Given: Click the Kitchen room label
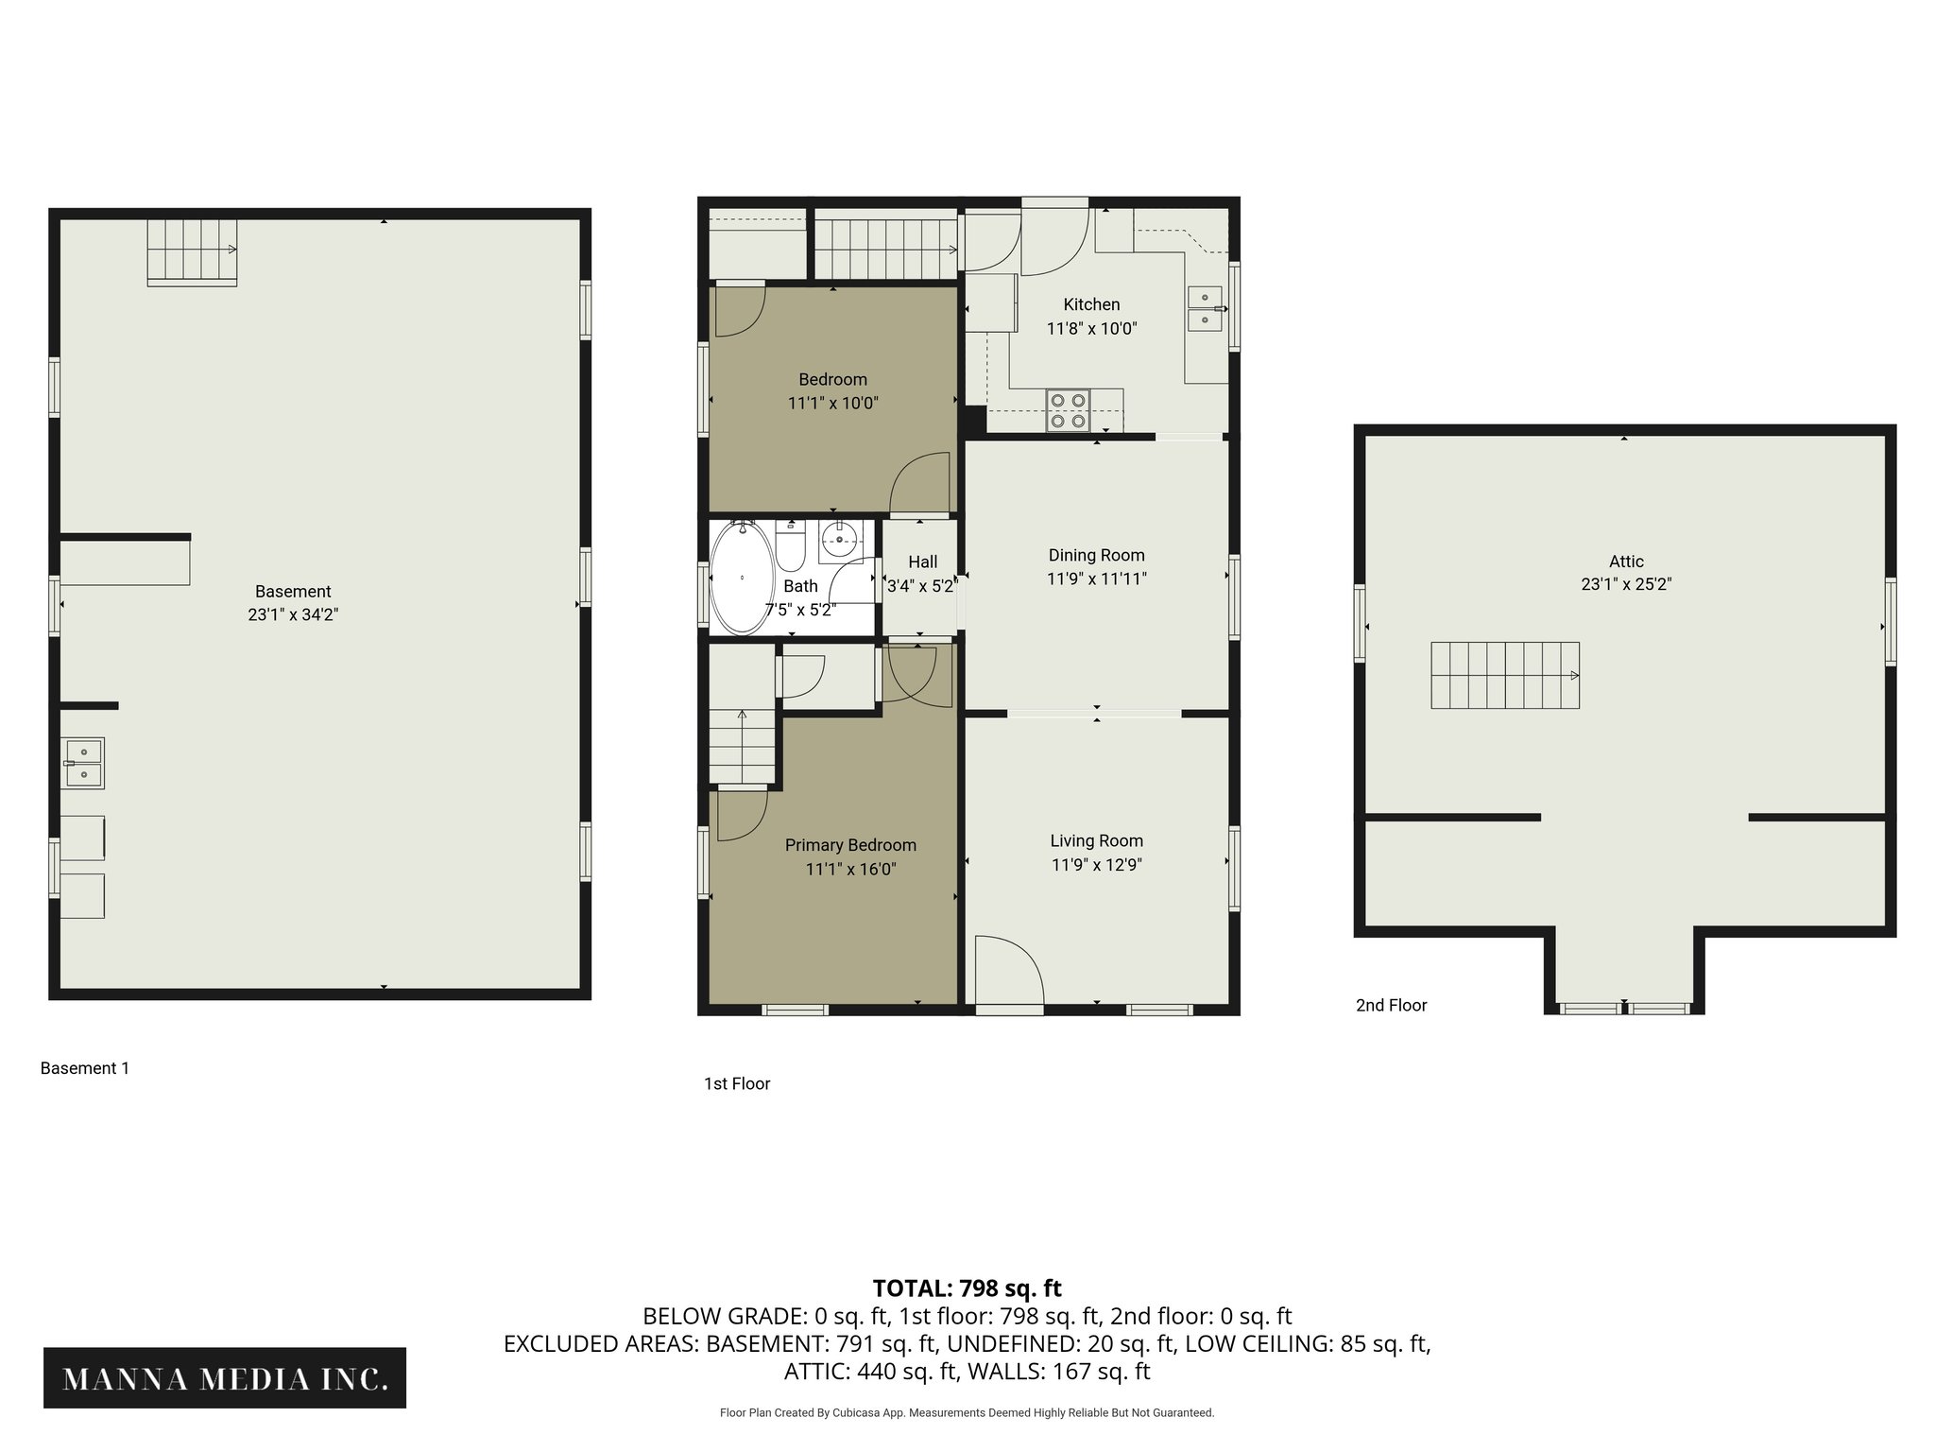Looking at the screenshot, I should [x=1091, y=304].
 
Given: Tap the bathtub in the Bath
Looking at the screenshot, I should [x=742, y=578].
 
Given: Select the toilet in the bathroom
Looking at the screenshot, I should [x=790, y=548].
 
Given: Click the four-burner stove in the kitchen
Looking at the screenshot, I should [x=1068, y=410].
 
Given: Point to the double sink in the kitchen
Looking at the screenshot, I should [x=1205, y=308].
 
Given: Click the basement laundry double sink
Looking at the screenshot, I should [x=83, y=763].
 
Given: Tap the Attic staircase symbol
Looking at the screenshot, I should [x=1504, y=675].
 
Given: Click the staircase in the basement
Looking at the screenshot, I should [x=191, y=251].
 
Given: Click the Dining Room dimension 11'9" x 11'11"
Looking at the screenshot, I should [x=1096, y=579].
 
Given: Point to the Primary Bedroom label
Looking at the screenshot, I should [x=850, y=845].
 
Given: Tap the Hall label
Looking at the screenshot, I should [x=922, y=562].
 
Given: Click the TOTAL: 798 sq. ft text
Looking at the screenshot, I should [x=967, y=1288].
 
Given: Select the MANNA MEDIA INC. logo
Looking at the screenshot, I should [x=225, y=1378].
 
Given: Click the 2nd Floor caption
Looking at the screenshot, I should [x=1391, y=1006].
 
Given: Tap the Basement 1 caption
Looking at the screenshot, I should [x=85, y=1068].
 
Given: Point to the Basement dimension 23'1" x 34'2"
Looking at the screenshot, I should [x=293, y=614].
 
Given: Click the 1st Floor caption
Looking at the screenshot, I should [x=737, y=1084].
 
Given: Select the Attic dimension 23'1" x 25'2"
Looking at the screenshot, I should [x=1626, y=584].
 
